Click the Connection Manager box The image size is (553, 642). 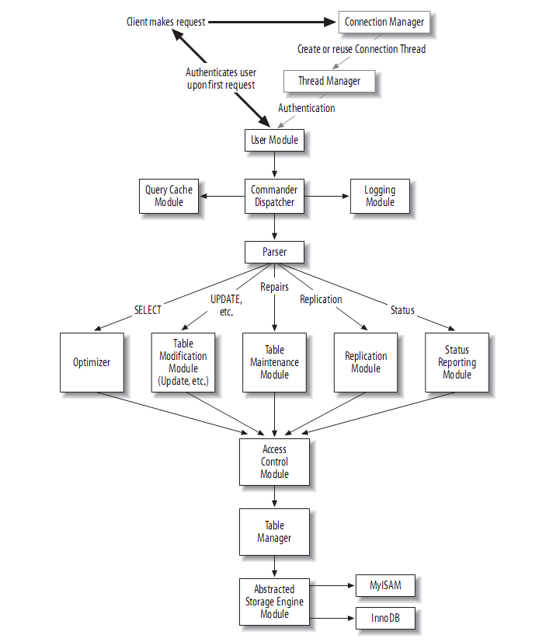point(384,22)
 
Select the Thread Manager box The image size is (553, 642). point(329,81)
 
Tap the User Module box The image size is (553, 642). point(274,140)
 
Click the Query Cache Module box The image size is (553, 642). point(169,196)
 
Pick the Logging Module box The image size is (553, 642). point(380,196)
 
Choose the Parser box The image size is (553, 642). point(274,252)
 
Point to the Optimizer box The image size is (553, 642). point(92,362)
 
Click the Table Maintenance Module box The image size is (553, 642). point(274,362)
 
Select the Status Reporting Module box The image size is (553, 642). point(457,362)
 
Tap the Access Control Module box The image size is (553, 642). point(274,462)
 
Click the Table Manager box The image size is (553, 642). point(274,532)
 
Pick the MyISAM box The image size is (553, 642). point(385,585)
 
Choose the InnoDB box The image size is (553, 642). point(385,618)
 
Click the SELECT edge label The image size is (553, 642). point(148,310)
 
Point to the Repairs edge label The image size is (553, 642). point(274,287)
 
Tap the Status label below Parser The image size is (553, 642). point(402,310)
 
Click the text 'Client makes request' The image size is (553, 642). point(165,22)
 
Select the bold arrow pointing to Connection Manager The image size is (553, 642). point(273,22)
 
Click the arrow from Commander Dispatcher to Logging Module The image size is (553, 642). point(327,196)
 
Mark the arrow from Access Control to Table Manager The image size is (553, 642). point(274,497)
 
